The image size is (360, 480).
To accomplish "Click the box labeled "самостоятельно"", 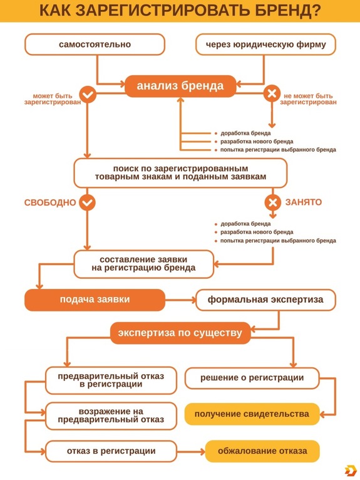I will point(95,44).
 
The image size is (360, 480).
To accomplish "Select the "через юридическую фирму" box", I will point(265,44).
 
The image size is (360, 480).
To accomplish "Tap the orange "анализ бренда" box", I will point(180,86).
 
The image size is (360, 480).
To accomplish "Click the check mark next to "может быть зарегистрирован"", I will point(88,95).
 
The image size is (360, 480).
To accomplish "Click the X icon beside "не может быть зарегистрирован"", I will point(272,95).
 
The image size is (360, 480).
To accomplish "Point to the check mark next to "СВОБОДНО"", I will point(88,202).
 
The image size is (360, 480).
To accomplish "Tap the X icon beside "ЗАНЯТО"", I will point(272,202).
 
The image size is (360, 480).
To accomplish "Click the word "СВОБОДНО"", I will point(50,203).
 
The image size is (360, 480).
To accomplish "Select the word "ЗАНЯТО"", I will point(304,203).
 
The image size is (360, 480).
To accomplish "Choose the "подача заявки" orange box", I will point(95,300).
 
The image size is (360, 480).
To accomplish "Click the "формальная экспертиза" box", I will point(265,300).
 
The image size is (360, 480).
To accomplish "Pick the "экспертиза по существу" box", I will point(180,333).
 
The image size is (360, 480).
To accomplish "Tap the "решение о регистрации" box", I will point(252,378).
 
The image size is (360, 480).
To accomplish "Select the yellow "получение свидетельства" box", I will point(252,414).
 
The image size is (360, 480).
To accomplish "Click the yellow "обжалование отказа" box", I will point(262,451).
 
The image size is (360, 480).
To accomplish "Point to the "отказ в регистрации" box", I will point(111,451).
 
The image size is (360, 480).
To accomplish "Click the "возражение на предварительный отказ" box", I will point(111,415).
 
